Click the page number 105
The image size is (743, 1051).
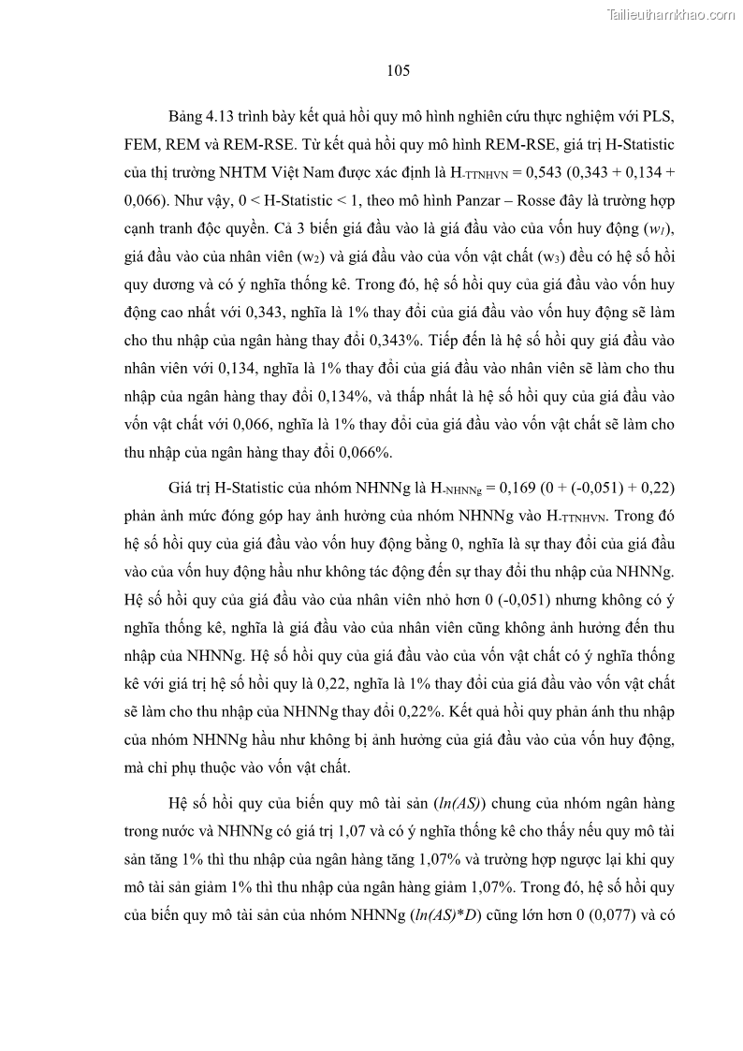[398, 70]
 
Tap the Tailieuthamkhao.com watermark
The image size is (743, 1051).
[672, 14]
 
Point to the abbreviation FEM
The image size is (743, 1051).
[143, 148]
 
